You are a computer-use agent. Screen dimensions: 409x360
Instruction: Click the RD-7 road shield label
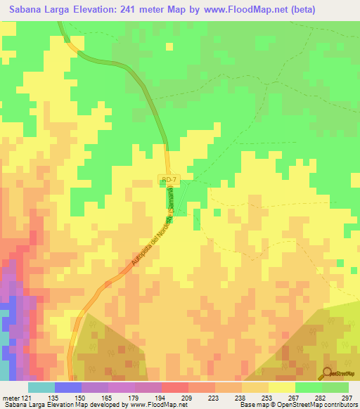[169, 181]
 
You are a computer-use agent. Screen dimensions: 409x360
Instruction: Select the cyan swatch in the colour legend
[41, 387]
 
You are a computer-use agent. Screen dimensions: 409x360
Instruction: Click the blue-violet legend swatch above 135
[68, 387]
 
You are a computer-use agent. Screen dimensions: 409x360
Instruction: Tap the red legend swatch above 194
[175, 387]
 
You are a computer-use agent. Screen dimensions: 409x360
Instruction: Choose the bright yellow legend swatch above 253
[282, 387]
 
